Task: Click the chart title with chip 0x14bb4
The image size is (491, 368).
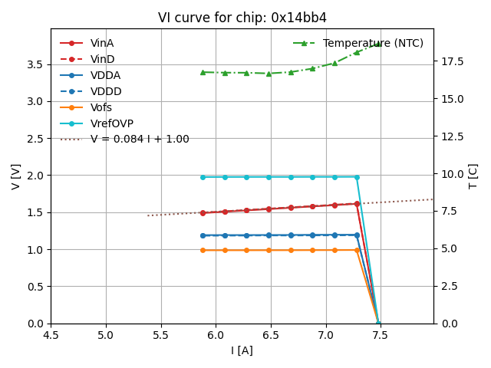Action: [x=242, y=18]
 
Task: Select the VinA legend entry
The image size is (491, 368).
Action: [x=102, y=43]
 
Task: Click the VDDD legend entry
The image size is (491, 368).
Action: [x=106, y=91]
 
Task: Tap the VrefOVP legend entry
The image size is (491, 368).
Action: [x=112, y=123]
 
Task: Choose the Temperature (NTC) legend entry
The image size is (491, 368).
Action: [x=373, y=43]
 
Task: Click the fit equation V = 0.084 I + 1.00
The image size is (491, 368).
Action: [x=140, y=140]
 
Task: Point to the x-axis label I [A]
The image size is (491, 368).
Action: [x=242, y=351]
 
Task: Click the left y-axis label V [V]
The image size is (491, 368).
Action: [x=16, y=176]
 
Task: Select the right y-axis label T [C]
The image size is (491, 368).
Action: [x=473, y=176]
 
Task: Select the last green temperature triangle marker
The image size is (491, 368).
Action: [x=378, y=44]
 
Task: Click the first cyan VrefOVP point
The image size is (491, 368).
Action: [x=203, y=177]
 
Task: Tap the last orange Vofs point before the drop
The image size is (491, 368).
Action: [x=357, y=250]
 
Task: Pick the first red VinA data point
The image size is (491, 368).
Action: [x=203, y=213]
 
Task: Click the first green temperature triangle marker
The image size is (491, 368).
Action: [x=203, y=72]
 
